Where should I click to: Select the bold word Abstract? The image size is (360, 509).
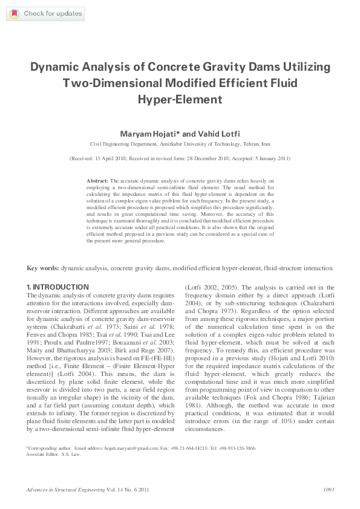(x=97, y=181)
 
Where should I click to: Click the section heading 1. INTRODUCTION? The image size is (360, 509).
(x=57, y=286)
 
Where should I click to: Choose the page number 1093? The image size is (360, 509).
(x=329, y=489)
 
